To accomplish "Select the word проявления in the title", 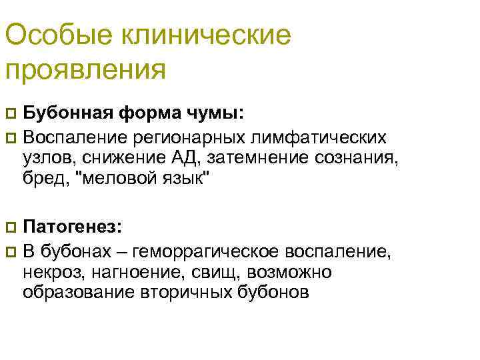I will click(x=85, y=69).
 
